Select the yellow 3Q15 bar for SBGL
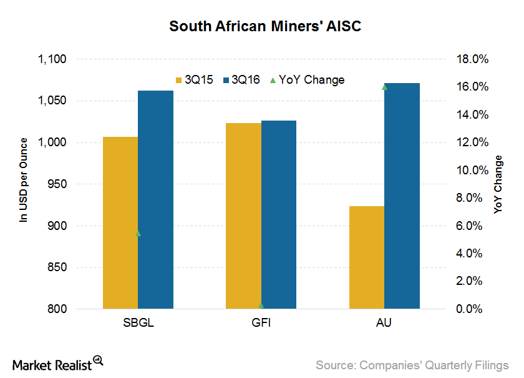pos(120,222)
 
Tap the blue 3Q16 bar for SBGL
pos(155,200)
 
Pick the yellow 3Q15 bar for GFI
pos(243,216)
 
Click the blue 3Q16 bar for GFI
pos(279,214)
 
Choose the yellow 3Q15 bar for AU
pos(367,257)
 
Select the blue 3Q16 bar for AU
pos(402,196)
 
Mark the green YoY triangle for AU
pos(384,87)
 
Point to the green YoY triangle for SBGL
pos(138,233)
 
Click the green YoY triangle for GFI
pos(261,305)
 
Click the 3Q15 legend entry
pos(193,80)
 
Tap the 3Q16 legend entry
pos(241,80)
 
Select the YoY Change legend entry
pos(306,80)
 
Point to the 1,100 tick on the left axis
pos(52,59)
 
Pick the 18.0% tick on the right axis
pos(472,59)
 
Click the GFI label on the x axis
pos(261,324)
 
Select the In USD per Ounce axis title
pos(24,181)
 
